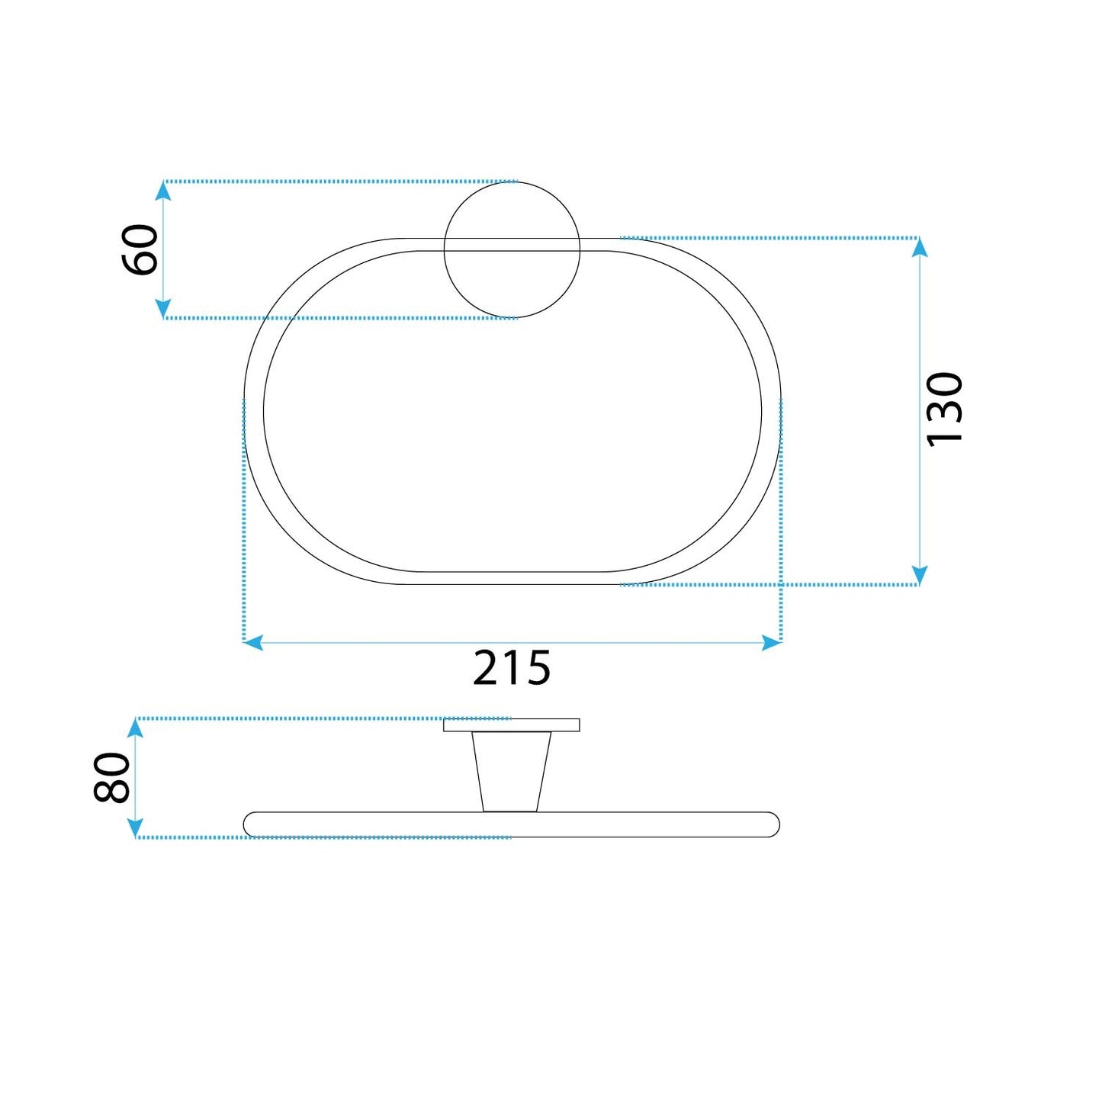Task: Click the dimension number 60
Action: [140, 249]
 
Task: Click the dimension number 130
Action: [944, 410]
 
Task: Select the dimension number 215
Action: [512, 668]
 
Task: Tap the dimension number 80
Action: [112, 777]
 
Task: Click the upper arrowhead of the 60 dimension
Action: [162, 190]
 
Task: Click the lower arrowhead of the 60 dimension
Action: [162, 309]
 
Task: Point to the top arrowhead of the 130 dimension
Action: [920, 247]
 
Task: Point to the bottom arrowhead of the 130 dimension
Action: [920, 576]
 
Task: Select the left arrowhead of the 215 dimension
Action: [253, 643]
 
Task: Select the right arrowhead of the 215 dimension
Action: [772, 643]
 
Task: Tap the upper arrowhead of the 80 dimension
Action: [135, 728]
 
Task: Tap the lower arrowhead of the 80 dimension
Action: [135, 828]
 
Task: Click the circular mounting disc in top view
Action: [512, 282]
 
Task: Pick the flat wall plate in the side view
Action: [511, 725]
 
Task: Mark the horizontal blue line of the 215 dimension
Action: [381, 643]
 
